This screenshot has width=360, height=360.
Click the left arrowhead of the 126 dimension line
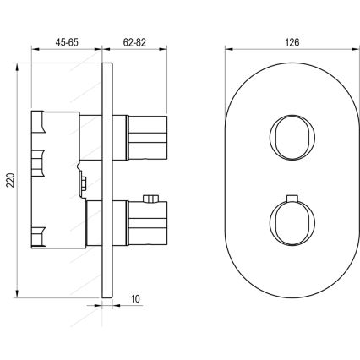229,50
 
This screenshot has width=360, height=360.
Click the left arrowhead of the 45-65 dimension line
34,50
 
